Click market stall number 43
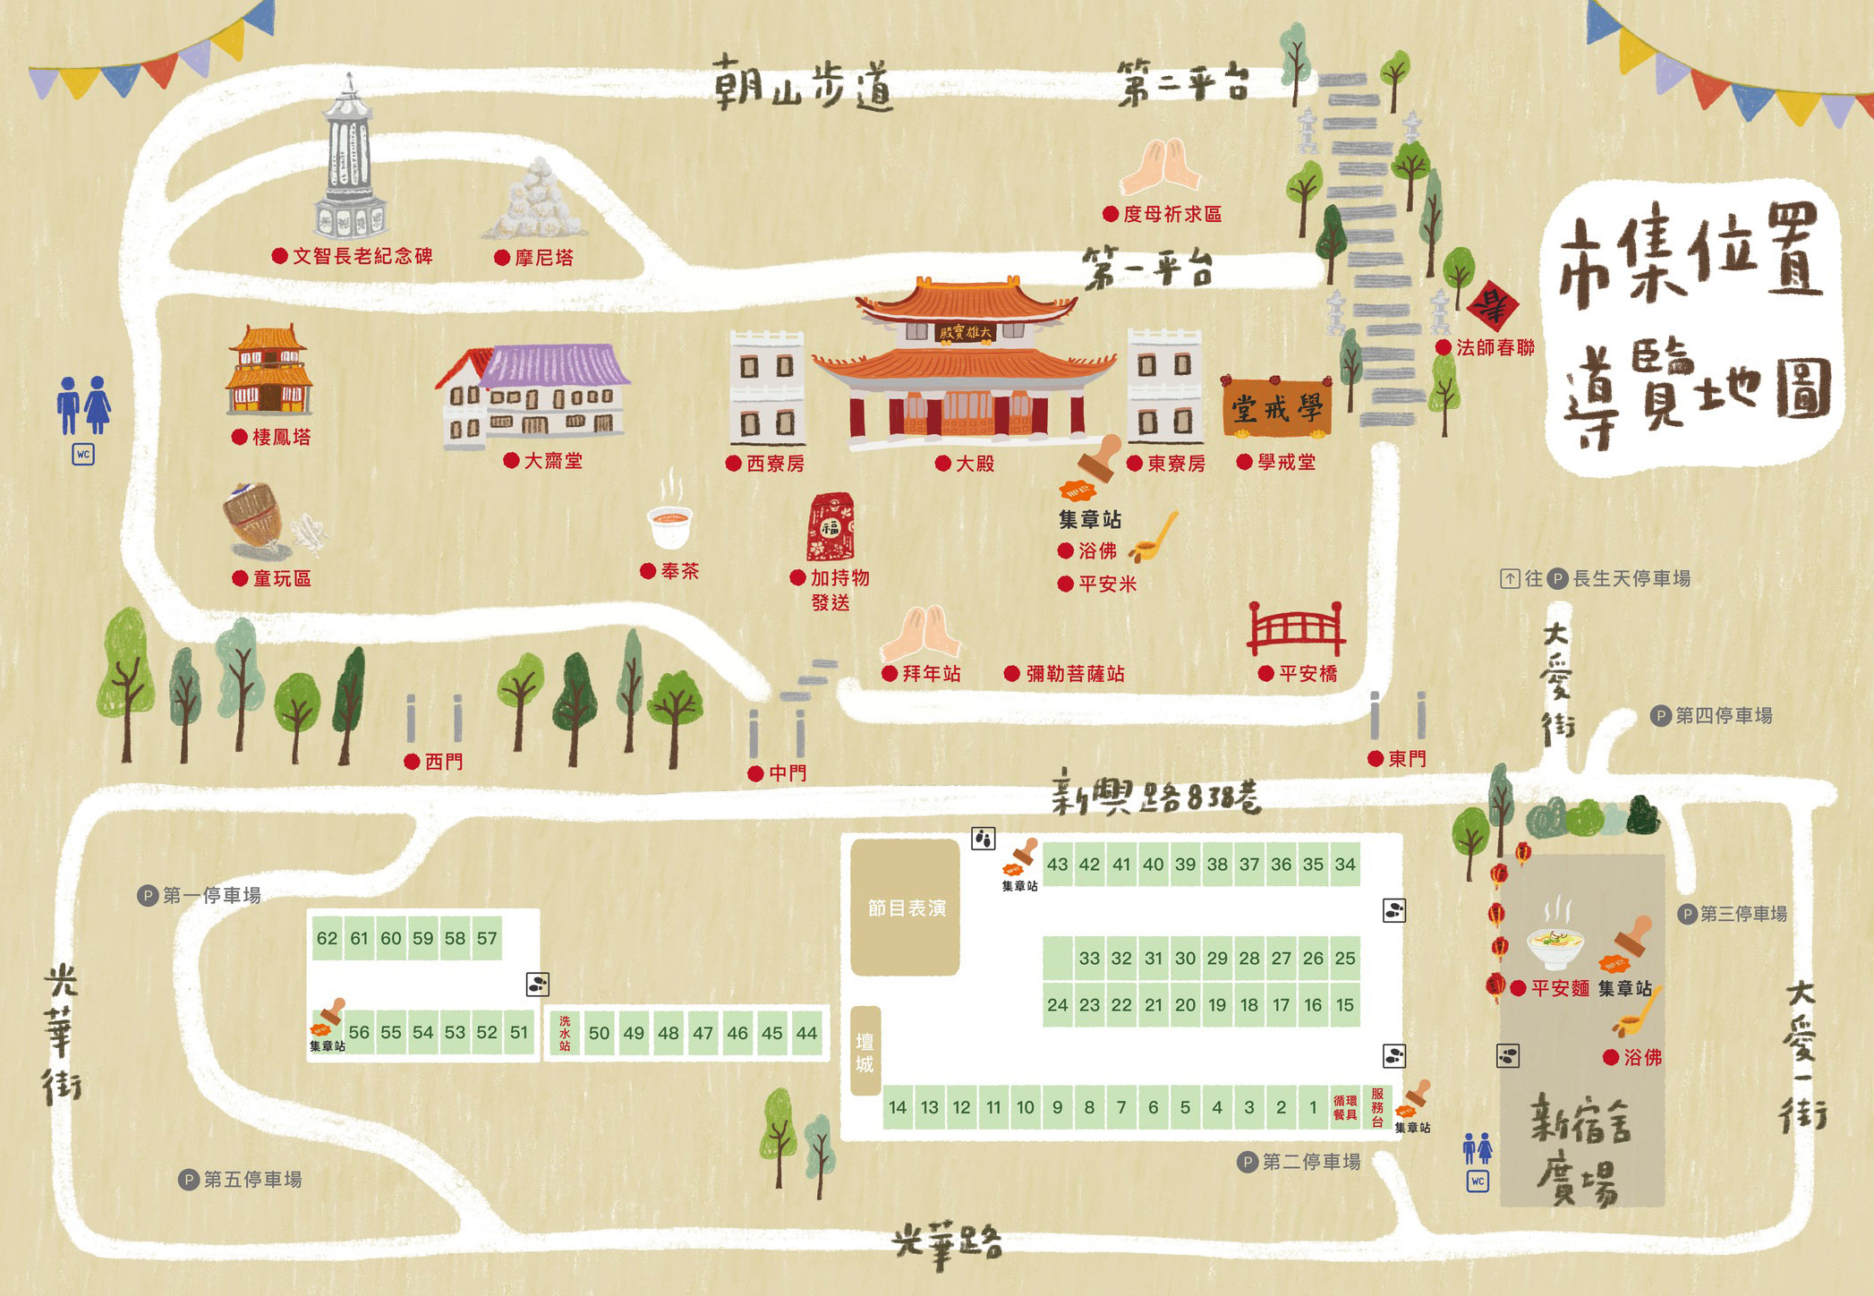1057,865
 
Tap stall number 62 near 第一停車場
327,938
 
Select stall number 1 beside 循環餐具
1313,1107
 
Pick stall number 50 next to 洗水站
599,1033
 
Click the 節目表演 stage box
906,908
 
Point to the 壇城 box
865,1052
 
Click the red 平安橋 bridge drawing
1296,628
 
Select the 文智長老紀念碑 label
362,257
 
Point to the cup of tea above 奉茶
669,525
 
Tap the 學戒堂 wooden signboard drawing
1276,409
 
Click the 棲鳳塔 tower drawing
268,371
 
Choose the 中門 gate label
787,773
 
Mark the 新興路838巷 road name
1155,796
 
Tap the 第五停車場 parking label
251,1180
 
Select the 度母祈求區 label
1171,214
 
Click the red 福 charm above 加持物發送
831,528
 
